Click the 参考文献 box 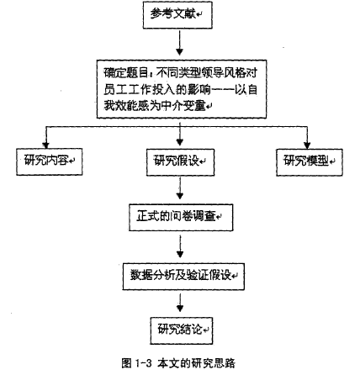pos(177,15)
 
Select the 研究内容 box pos(50,161)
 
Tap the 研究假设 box pos(180,162)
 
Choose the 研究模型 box pos(310,162)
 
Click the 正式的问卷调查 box pos(181,218)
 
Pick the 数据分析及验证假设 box pos(183,277)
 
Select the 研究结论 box pos(182,330)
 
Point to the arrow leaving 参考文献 pos(179,43)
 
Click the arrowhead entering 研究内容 pos(45,145)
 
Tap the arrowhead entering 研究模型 pos(307,145)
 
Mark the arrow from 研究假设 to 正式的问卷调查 pos(180,188)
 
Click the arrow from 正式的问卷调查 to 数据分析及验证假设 pos(180,246)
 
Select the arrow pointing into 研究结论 pos(180,303)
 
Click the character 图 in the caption pos(126,363)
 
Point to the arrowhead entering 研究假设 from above pos(180,142)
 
